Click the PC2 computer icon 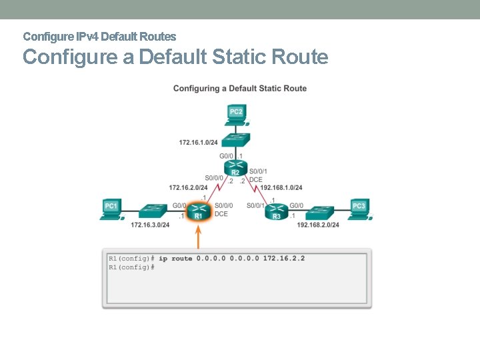(236, 114)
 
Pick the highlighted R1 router (198, 211)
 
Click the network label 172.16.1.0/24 (198, 142)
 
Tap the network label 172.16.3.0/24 (150, 225)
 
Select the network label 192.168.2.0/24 (318, 225)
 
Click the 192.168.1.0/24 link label (281, 187)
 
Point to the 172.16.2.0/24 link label (188, 187)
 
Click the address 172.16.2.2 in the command (284, 258)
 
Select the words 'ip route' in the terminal (175, 258)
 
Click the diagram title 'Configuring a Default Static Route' (240, 89)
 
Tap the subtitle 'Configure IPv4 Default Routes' (99, 36)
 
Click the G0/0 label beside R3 (297, 205)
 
